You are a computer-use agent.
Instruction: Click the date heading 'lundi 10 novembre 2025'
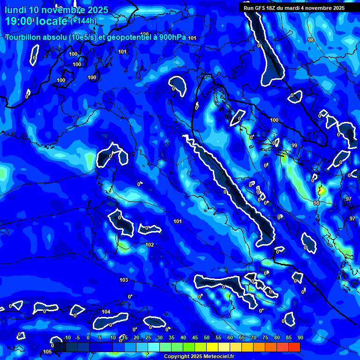[x=56, y=10]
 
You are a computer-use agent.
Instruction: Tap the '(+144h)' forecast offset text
[x=83, y=21]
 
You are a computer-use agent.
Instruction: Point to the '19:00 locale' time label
[x=37, y=21]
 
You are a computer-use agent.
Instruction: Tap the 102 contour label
[x=150, y=245]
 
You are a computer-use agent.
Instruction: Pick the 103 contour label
[x=124, y=280]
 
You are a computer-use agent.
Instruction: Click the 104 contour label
[x=106, y=312]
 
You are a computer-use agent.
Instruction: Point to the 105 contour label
[x=47, y=352]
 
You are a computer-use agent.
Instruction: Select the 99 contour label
[x=294, y=145]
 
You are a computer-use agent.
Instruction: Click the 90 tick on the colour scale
[x=300, y=337]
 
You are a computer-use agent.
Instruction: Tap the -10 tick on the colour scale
[x=67, y=337]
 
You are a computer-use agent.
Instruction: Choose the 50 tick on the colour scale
[x=207, y=337]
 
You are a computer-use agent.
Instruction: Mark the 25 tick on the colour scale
[x=148, y=337]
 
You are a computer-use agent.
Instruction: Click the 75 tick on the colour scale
[x=265, y=337]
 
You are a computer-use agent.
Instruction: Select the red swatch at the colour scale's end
[x=294, y=347]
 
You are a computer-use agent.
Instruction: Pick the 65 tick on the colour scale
[x=242, y=337]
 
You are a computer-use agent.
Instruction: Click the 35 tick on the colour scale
[x=172, y=337]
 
